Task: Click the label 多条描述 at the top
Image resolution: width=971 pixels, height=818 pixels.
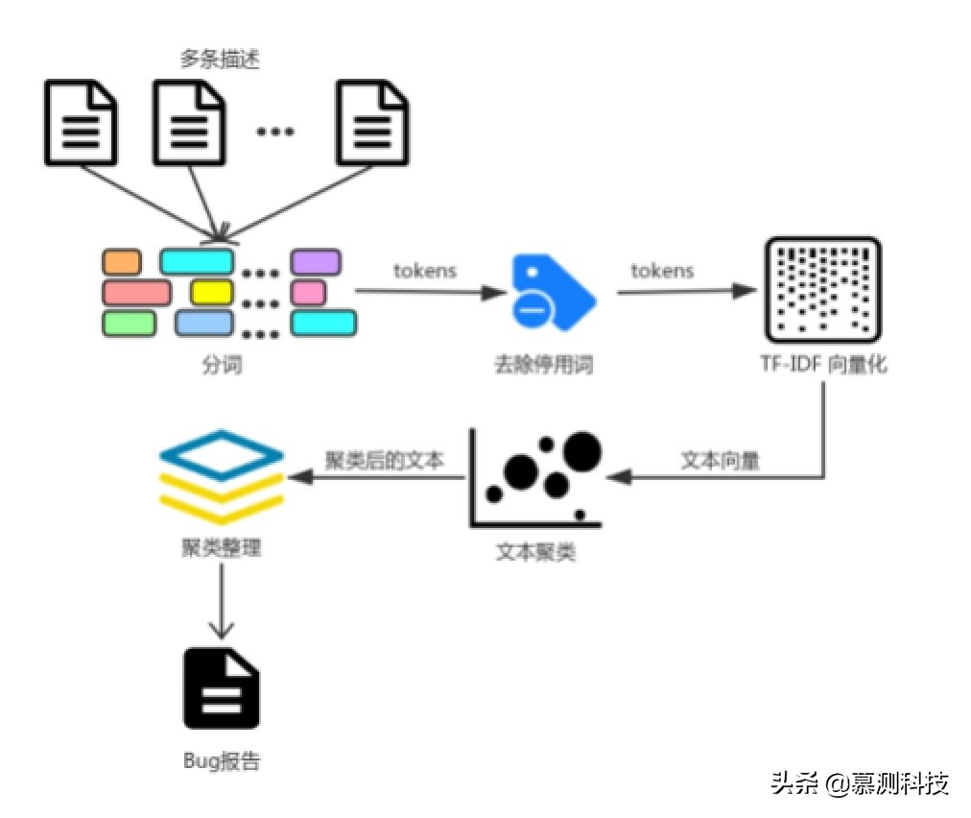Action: pyautogui.click(x=221, y=60)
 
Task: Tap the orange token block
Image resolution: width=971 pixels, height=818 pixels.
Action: pyautogui.click(x=122, y=261)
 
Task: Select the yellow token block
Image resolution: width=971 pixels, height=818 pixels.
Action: pyautogui.click(x=211, y=291)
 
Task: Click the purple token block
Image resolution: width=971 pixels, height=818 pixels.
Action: pyautogui.click(x=316, y=261)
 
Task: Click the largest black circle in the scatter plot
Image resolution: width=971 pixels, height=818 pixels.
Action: pyautogui.click(x=581, y=451)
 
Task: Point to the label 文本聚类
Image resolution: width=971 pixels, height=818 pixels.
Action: pyautogui.click(x=535, y=553)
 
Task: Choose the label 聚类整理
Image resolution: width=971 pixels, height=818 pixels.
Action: pyautogui.click(x=221, y=549)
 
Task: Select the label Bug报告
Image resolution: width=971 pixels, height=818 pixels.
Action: pyautogui.click(x=222, y=762)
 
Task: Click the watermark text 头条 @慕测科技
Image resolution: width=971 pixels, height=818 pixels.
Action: pyautogui.click(x=859, y=783)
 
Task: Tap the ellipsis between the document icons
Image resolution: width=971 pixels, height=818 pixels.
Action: pyautogui.click(x=274, y=131)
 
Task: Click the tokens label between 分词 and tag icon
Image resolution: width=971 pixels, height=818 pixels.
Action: pyautogui.click(x=425, y=270)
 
